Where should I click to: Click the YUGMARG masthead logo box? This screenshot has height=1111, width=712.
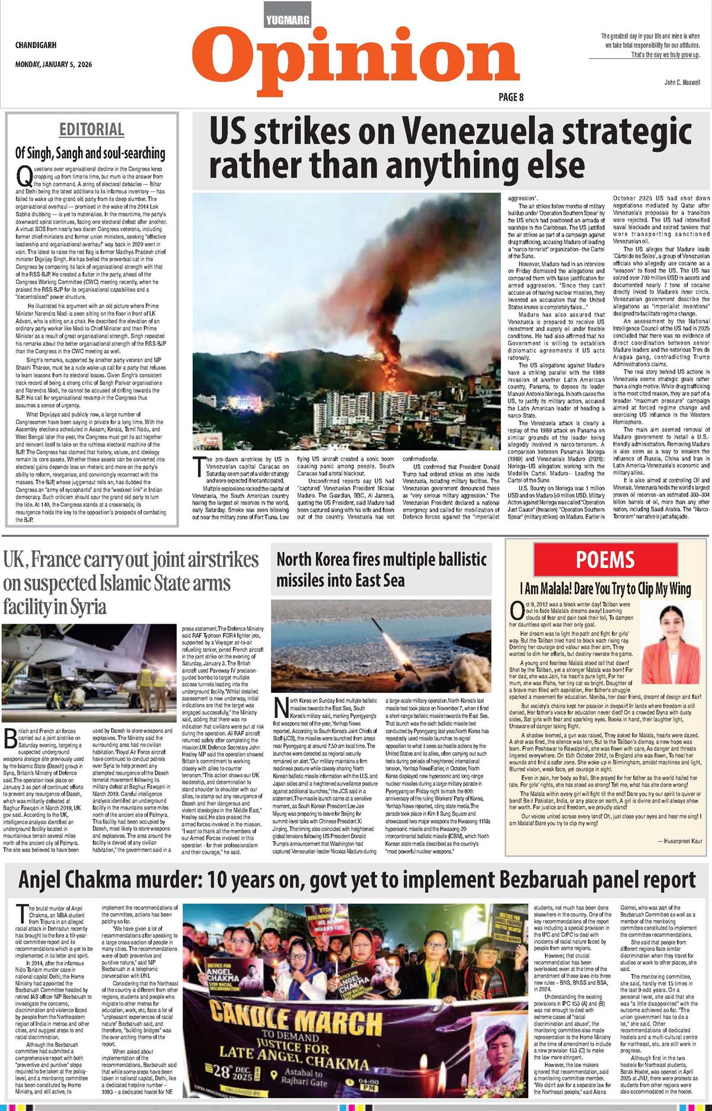tap(288, 20)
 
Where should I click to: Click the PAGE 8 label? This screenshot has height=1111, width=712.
tap(510, 97)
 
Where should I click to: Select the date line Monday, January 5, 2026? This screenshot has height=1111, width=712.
tap(53, 65)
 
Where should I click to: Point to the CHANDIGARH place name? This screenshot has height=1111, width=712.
tap(36, 45)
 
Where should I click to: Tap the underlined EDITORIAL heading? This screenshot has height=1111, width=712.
tap(91, 129)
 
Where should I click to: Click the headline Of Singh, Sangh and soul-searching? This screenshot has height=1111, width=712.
tap(90, 153)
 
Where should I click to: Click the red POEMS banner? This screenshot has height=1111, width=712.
tap(605, 559)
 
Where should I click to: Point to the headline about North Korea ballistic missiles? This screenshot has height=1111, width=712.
tap(381, 569)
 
